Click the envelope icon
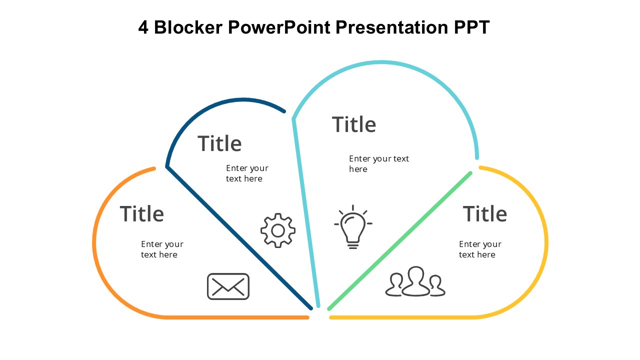tap(228, 286)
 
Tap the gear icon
tap(277, 230)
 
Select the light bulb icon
tap(353, 227)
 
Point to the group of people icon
tap(415, 281)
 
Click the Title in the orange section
tap(141, 213)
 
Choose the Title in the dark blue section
tap(219, 143)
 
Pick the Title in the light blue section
tap(353, 124)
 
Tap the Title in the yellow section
tap(485, 213)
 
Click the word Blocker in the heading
tap(188, 27)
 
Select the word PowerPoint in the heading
tap(279, 27)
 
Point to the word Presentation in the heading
tap(391, 27)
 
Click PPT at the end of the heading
tap(471, 27)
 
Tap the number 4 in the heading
tap(143, 27)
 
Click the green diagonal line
tap(399, 240)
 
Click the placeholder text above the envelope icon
tap(162, 249)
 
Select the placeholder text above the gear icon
tap(247, 173)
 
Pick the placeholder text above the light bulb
tap(379, 163)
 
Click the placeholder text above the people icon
tap(480, 249)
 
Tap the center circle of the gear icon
tap(277, 230)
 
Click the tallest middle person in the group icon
tap(415, 281)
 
